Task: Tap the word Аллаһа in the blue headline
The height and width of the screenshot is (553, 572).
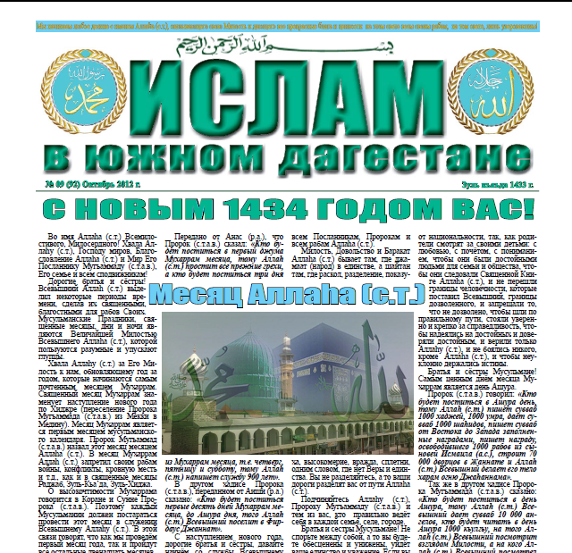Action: click(x=289, y=294)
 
